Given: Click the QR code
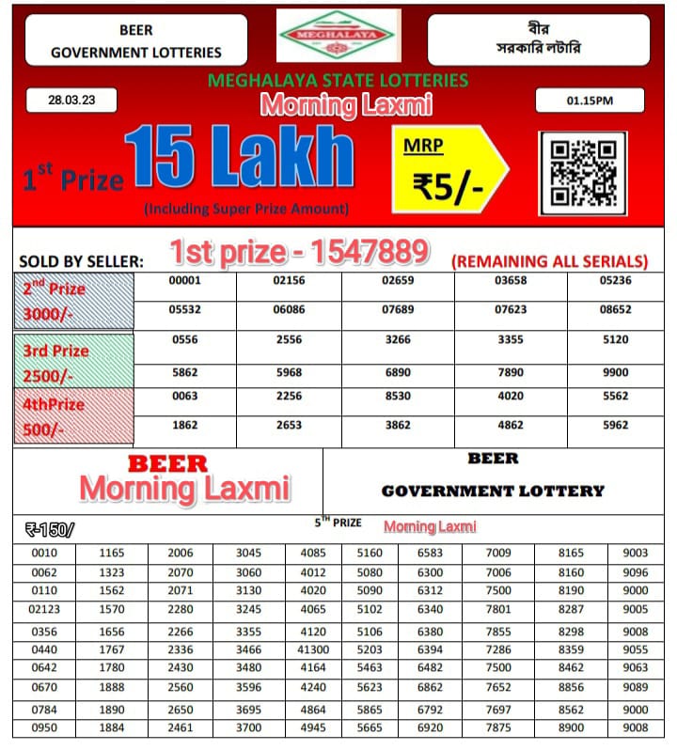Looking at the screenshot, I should coord(582,169).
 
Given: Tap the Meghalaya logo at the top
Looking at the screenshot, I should coord(339,36).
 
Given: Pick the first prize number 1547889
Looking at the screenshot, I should coord(300,251).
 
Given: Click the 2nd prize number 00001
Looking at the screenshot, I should coord(185,281).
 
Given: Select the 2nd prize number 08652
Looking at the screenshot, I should coord(616,308).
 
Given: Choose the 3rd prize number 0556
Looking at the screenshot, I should coord(185,340).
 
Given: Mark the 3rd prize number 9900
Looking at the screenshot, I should coord(616,372).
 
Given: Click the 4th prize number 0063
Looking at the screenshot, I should coord(185,396).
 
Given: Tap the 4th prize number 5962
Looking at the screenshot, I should coord(616,425).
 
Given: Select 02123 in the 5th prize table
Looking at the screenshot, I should coord(45,610).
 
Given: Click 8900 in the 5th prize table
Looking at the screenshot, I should coord(570,727).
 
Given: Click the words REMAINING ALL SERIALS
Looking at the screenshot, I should coord(550,261).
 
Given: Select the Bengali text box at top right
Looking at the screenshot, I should coord(538,39).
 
